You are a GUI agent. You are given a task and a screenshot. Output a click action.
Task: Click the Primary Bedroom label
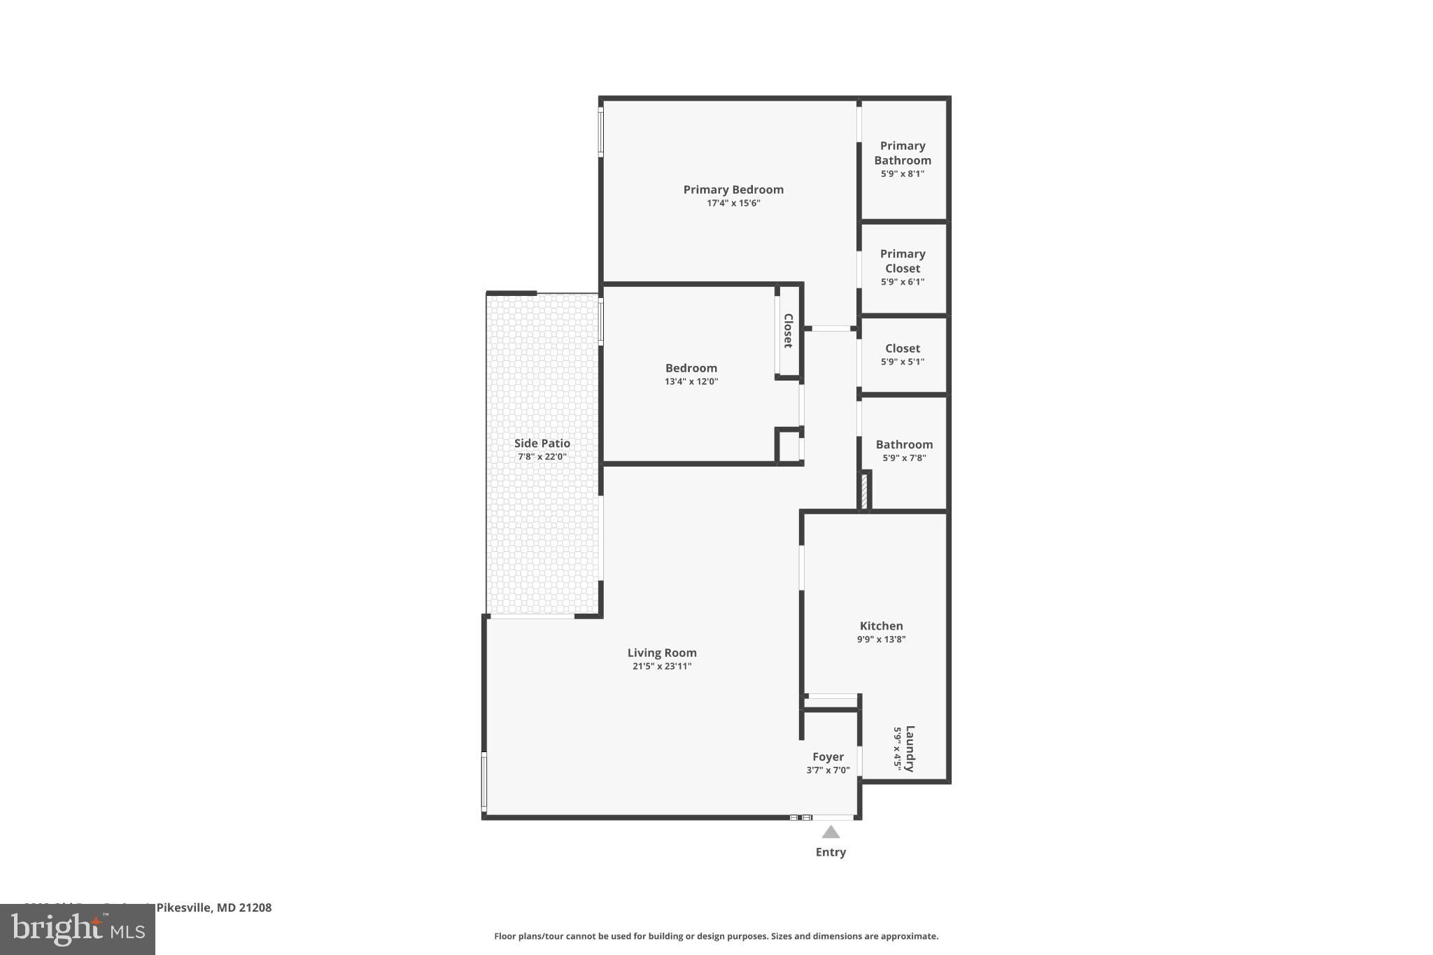733,190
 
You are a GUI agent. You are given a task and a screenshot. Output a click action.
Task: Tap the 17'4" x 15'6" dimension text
733,204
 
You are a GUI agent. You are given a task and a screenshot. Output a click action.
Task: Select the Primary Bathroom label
902,153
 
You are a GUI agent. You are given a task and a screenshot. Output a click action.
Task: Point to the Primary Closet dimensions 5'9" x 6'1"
902,282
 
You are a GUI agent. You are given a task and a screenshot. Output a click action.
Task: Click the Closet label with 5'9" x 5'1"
902,348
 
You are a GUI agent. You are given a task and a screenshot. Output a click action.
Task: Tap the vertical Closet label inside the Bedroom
788,331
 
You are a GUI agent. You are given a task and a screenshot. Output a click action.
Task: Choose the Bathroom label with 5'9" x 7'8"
903,445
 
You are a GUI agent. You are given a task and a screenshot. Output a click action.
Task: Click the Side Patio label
542,444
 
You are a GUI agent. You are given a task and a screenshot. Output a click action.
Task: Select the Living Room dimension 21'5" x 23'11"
661,667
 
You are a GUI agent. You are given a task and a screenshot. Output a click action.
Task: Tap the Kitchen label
881,626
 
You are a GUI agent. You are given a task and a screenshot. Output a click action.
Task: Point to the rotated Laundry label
910,749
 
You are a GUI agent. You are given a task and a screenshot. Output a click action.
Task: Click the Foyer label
828,757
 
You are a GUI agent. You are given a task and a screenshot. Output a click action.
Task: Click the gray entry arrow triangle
830,833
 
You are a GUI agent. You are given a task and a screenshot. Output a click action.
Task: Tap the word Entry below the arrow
830,852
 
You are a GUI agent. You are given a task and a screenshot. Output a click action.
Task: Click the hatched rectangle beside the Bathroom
865,491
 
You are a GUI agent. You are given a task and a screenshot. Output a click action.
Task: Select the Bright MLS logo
77,929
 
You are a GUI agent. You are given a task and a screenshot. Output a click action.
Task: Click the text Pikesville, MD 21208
213,907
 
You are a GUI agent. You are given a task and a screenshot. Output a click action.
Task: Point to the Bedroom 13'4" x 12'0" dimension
691,382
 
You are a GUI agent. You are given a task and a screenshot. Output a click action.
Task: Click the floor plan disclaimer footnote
716,936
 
